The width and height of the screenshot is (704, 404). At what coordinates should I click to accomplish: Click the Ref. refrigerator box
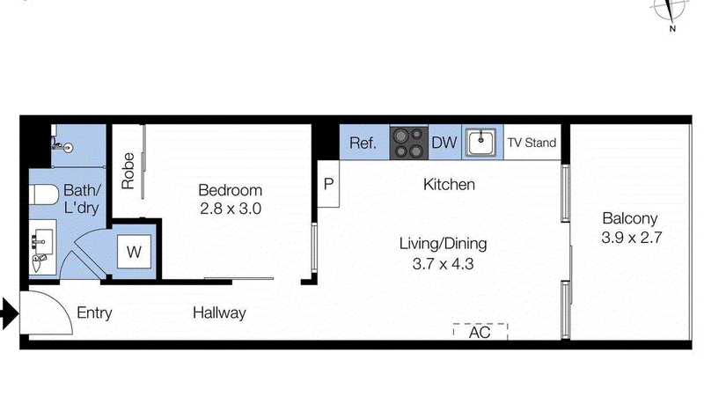tap(363, 143)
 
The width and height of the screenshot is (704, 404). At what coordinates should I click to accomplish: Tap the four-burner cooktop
tap(407, 143)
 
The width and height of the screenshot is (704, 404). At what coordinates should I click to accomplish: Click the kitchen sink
tap(480, 142)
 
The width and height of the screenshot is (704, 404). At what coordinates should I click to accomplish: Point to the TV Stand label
tap(532, 143)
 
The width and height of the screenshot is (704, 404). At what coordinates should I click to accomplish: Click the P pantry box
tap(329, 184)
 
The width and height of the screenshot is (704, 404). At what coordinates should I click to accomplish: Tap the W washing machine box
tap(135, 252)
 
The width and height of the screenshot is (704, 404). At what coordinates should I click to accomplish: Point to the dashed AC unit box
tap(480, 333)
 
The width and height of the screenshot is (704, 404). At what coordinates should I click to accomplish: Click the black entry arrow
tap(9, 312)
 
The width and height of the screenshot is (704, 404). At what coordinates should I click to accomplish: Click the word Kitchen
tap(449, 185)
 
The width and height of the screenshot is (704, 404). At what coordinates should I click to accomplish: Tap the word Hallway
tap(219, 312)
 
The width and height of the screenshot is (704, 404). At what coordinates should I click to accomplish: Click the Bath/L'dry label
tap(82, 199)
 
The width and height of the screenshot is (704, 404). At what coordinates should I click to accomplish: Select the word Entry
tap(94, 312)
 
